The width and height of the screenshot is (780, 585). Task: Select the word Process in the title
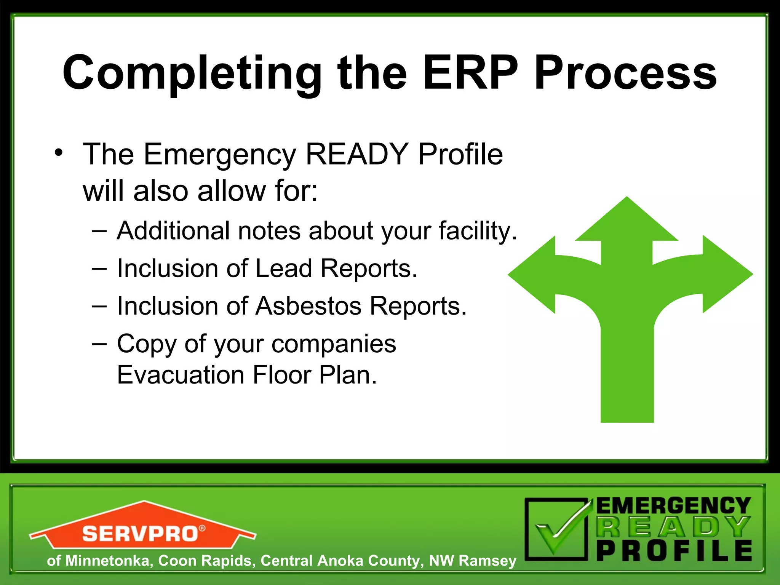click(625, 73)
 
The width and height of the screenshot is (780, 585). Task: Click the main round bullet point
click(58, 153)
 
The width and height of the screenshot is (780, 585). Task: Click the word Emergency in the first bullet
click(219, 155)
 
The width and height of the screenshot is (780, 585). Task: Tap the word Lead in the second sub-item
click(284, 269)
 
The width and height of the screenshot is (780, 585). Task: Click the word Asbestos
click(308, 306)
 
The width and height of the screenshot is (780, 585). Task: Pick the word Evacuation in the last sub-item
click(181, 375)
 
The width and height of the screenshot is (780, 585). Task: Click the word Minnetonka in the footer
click(107, 561)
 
